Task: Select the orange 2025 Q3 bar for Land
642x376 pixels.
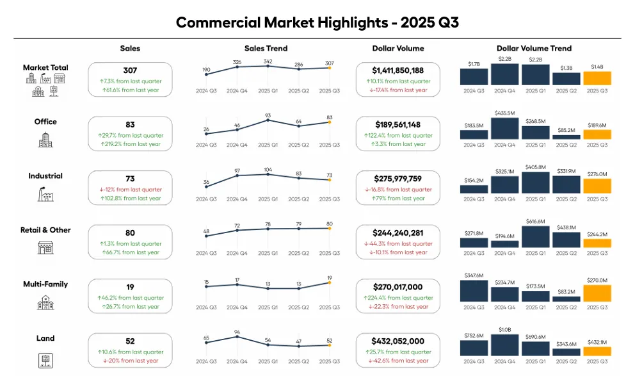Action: [x=597, y=351]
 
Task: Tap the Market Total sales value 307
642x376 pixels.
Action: [x=130, y=70]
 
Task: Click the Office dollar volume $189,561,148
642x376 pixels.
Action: [x=397, y=125]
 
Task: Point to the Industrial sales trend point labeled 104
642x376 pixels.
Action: [x=268, y=175]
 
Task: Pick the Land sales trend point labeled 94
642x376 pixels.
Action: [x=237, y=337]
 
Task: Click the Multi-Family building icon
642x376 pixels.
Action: [x=45, y=302]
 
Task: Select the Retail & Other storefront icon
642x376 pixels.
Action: [x=45, y=248]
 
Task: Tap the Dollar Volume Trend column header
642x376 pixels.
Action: [x=534, y=49]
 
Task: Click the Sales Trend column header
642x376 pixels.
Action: [x=266, y=49]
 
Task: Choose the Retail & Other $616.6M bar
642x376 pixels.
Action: [x=535, y=236]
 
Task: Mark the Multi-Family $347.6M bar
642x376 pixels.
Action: [x=474, y=291]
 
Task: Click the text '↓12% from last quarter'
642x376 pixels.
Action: [x=130, y=190]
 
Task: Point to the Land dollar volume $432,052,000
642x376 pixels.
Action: [x=397, y=341]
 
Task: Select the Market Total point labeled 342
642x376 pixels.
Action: [x=268, y=65]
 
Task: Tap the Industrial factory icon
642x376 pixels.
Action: [x=45, y=194]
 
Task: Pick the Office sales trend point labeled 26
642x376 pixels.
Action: [x=206, y=134]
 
